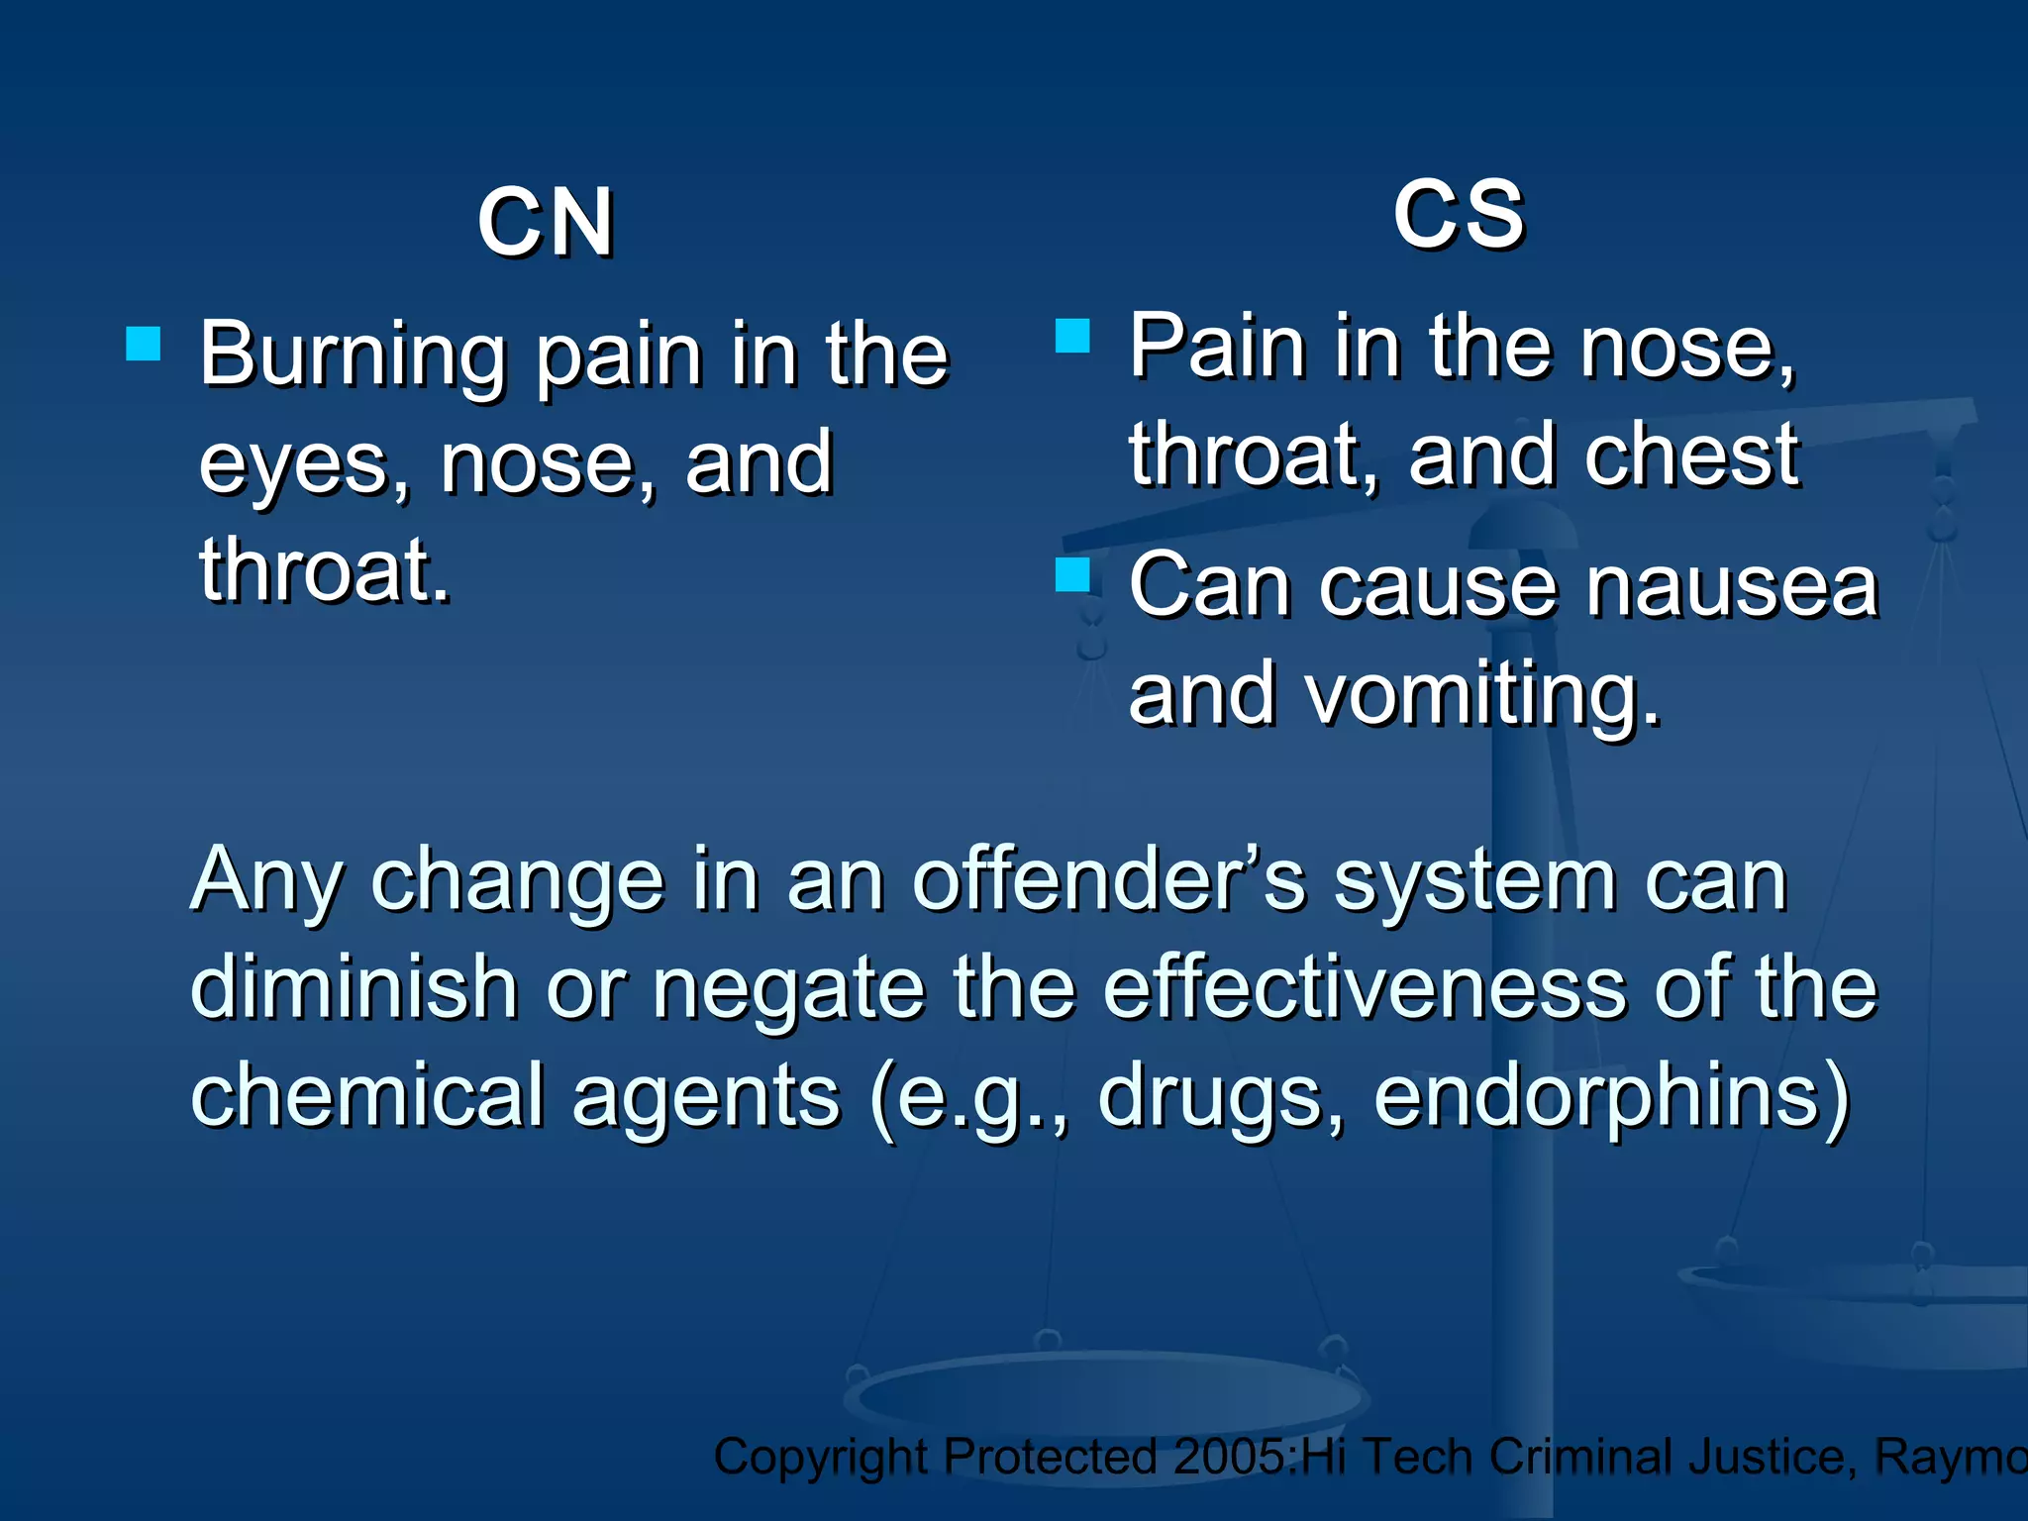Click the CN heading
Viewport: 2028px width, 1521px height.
[545, 223]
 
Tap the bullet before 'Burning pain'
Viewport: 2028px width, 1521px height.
[144, 344]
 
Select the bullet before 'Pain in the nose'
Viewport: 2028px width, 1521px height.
[1072, 336]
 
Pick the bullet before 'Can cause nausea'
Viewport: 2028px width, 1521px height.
[1072, 574]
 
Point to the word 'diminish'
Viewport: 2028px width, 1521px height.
[354, 987]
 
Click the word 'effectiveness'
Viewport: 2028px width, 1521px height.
[1365, 987]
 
